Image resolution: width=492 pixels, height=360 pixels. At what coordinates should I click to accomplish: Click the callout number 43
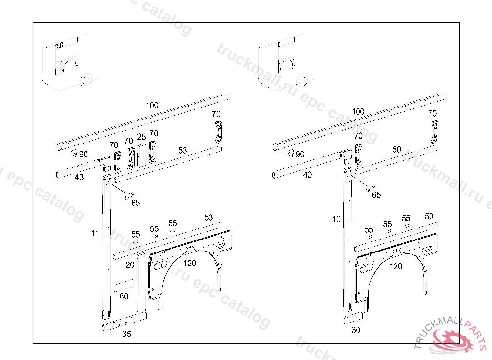(79, 177)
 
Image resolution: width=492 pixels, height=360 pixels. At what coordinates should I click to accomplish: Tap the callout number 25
(141, 137)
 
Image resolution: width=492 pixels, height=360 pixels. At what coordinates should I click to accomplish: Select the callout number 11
(96, 233)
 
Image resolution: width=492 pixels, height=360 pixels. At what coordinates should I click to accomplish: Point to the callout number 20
(130, 264)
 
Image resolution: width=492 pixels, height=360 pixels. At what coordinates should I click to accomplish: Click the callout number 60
(124, 296)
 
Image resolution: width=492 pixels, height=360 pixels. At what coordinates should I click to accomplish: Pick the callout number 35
(126, 334)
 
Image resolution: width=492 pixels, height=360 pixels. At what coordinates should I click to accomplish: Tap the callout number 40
(307, 175)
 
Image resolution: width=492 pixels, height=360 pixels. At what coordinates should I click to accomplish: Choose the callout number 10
(336, 219)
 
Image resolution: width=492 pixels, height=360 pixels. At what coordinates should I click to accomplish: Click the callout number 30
(356, 330)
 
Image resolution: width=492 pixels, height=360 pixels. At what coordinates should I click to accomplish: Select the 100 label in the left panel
(152, 105)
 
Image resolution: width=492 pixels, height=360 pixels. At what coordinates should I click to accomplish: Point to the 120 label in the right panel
(396, 266)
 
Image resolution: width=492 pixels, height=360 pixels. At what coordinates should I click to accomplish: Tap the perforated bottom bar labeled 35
(123, 324)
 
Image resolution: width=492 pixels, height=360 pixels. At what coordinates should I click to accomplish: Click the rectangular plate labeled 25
(141, 154)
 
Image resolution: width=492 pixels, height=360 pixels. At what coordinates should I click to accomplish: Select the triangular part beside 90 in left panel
(74, 154)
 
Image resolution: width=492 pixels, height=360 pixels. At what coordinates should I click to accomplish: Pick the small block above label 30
(353, 318)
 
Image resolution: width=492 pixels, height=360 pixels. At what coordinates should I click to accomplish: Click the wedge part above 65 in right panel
(371, 188)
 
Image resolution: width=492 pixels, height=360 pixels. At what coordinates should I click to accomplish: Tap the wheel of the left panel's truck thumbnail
(86, 80)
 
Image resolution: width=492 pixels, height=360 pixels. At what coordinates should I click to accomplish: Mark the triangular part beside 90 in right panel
(290, 154)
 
